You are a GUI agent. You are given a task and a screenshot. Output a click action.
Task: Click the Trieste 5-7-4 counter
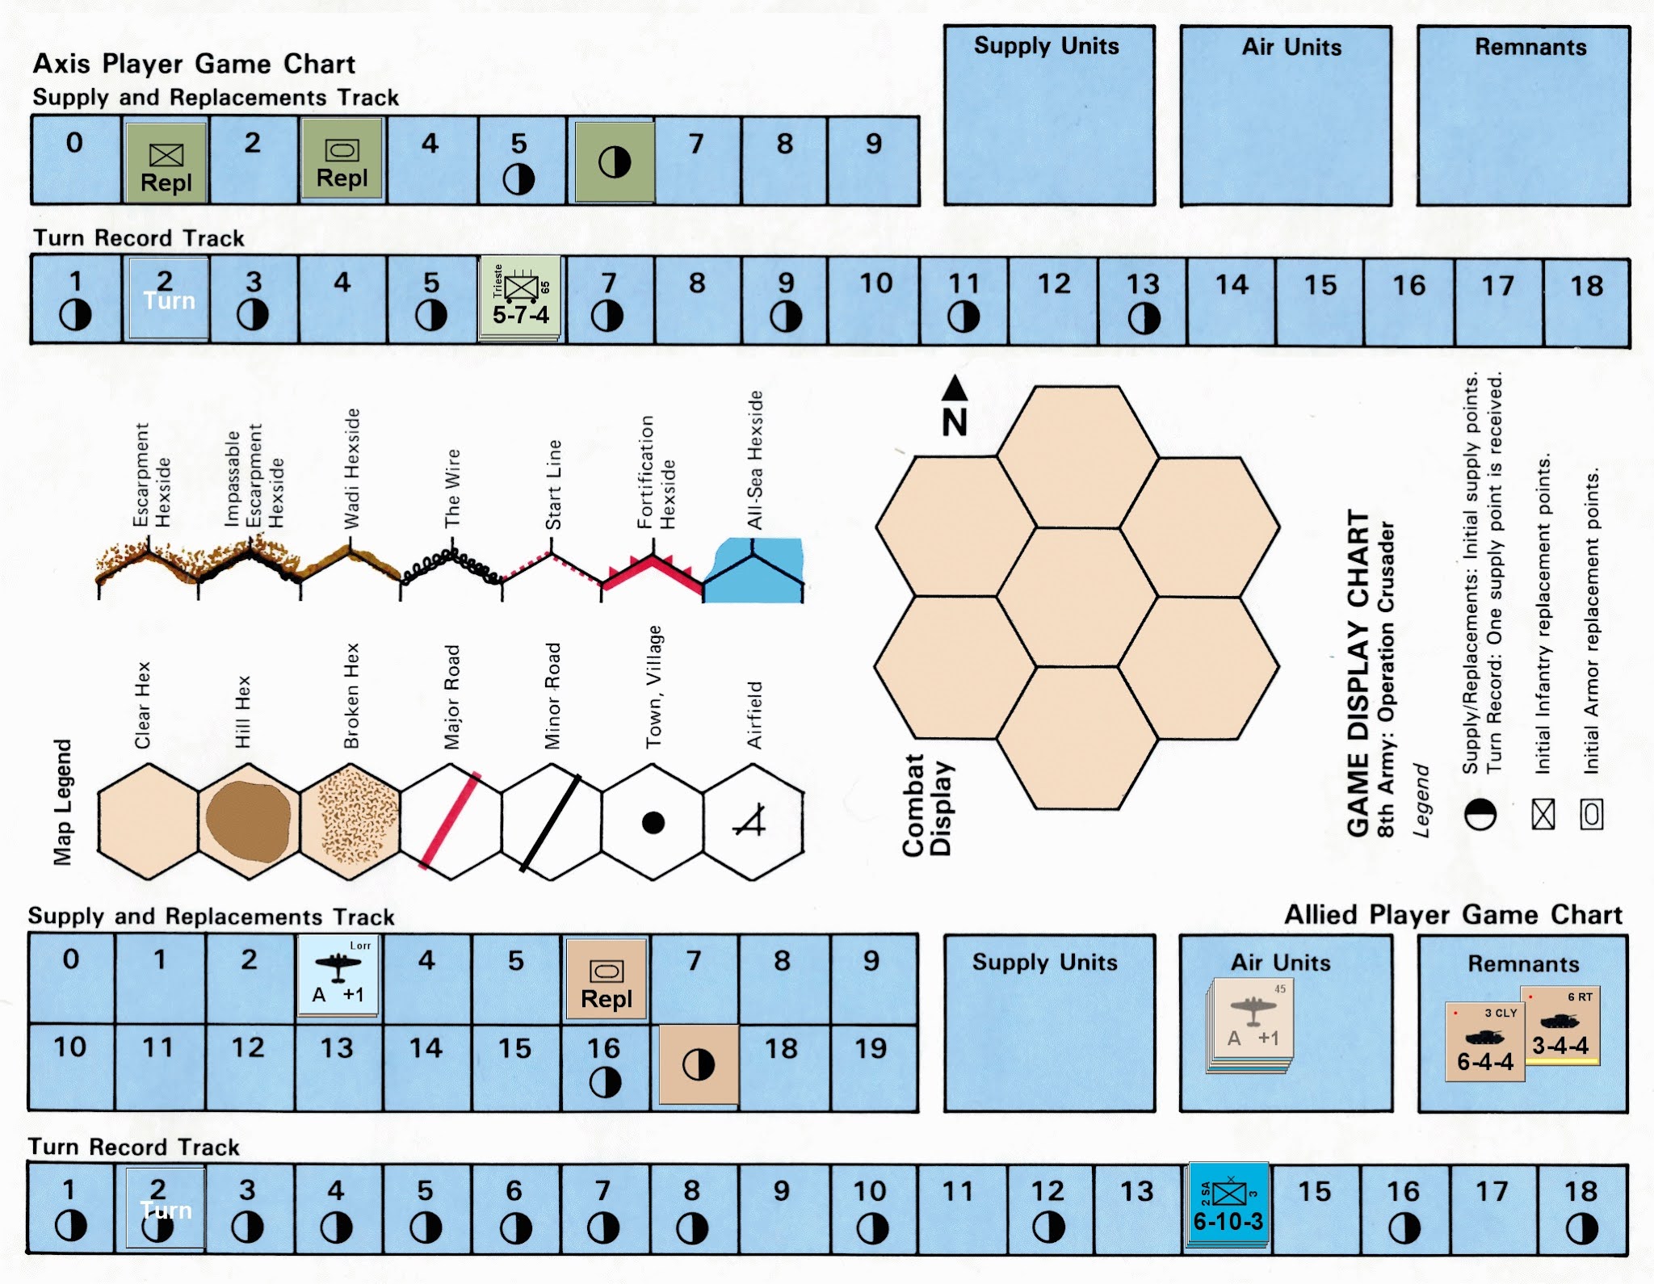521,298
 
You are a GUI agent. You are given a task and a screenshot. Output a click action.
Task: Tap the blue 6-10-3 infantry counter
1228,1206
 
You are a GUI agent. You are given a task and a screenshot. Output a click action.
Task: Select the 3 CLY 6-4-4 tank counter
1484,1042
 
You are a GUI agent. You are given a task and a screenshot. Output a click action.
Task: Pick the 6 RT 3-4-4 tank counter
1561,1026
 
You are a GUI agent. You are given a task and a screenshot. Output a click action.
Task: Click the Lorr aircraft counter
338,976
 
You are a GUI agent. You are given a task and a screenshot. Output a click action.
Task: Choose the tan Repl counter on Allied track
607,979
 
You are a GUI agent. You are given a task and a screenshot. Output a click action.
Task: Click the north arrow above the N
955,388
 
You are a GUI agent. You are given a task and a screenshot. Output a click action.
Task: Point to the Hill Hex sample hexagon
248,821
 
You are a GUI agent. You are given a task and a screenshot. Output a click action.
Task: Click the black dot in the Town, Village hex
653,823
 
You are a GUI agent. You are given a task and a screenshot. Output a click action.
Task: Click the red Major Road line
450,820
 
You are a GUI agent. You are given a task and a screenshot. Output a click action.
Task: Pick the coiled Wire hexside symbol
451,564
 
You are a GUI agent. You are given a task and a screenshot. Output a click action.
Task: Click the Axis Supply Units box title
1046,46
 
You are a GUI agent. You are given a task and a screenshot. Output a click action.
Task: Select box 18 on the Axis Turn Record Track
1586,300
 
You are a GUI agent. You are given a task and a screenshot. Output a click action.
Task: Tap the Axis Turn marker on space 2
168,298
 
